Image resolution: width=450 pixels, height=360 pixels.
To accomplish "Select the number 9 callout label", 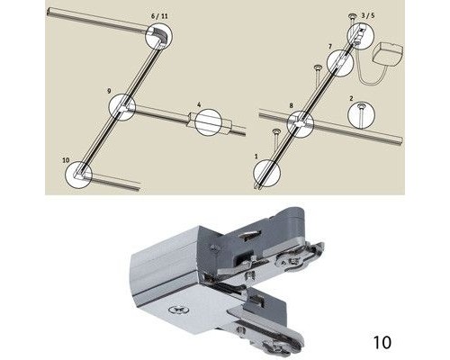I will click(109, 91).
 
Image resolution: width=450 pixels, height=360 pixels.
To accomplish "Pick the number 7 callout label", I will click(330, 45).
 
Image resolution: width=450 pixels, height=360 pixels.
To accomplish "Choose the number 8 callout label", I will click(292, 107).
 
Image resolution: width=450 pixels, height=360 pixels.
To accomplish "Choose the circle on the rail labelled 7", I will click(341, 64).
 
